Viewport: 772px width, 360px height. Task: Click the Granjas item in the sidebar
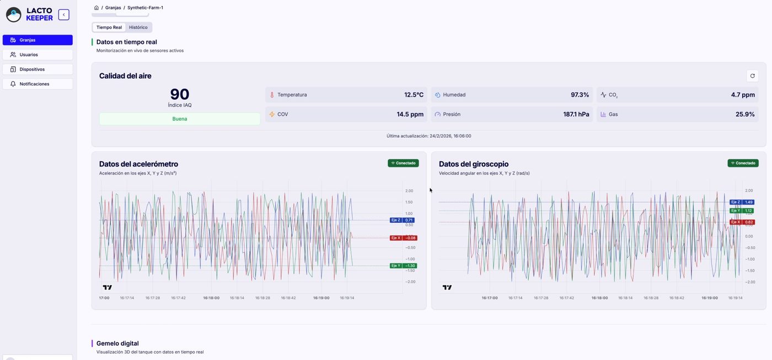(x=37, y=40)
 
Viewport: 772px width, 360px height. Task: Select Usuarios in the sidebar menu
(x=37, y=55)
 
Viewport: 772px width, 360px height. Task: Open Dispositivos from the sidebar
(x=37, y=69)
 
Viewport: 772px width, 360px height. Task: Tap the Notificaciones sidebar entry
(x=37, y=84)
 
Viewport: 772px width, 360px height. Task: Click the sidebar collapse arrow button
(x=64, y=15)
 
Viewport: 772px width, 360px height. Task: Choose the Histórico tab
(x=138, y=27)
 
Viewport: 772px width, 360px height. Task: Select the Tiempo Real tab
(x=109, y=27)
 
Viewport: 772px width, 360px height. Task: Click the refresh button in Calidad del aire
(x=752, y=76)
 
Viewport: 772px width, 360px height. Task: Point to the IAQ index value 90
(x=180, y=94)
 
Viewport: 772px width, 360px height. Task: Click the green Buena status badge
(x=180, y=119)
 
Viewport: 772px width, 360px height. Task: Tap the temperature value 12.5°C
(x=414, y=95)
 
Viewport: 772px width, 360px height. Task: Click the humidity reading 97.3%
(x=580, y=95)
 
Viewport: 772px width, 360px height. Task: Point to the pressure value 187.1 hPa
(x=576, y=114)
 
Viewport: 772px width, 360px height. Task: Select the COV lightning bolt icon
(x=271, y=114)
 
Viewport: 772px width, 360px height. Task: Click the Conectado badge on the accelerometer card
(x=403, y=163)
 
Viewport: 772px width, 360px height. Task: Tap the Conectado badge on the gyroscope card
(x=743, y=163)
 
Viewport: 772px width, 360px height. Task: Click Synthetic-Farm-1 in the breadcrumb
(x=145, y=8)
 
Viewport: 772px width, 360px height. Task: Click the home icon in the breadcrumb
(x=96, y=8)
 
